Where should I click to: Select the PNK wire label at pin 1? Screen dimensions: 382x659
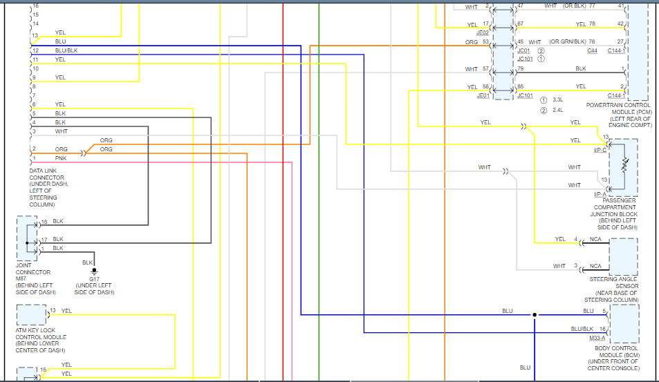click(61, 158)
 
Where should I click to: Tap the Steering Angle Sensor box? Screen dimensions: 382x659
click(623, 257)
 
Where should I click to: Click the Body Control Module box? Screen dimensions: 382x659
click(624, 323)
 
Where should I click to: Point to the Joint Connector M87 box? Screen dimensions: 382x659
click(28, 238)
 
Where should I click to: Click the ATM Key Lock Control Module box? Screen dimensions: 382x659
click(31, 314)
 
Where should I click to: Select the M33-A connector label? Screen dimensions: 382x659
click(597, 338)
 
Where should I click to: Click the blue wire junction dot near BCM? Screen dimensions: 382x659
click(534, 315)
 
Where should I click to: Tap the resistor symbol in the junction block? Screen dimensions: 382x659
click(625, 166)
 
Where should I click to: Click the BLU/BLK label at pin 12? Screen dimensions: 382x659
click(66, 50)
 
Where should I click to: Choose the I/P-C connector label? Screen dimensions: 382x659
click(600, 150)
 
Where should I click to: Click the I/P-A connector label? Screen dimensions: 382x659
click(600, 195)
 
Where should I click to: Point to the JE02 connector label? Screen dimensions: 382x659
click(483, 32)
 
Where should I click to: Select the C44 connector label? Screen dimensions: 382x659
click(593, 50)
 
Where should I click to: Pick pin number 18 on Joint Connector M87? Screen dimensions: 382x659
click(44, 222)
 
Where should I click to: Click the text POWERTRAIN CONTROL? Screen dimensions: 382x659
click(618, 105)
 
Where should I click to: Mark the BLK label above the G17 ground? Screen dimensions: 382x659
click(88, 262)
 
